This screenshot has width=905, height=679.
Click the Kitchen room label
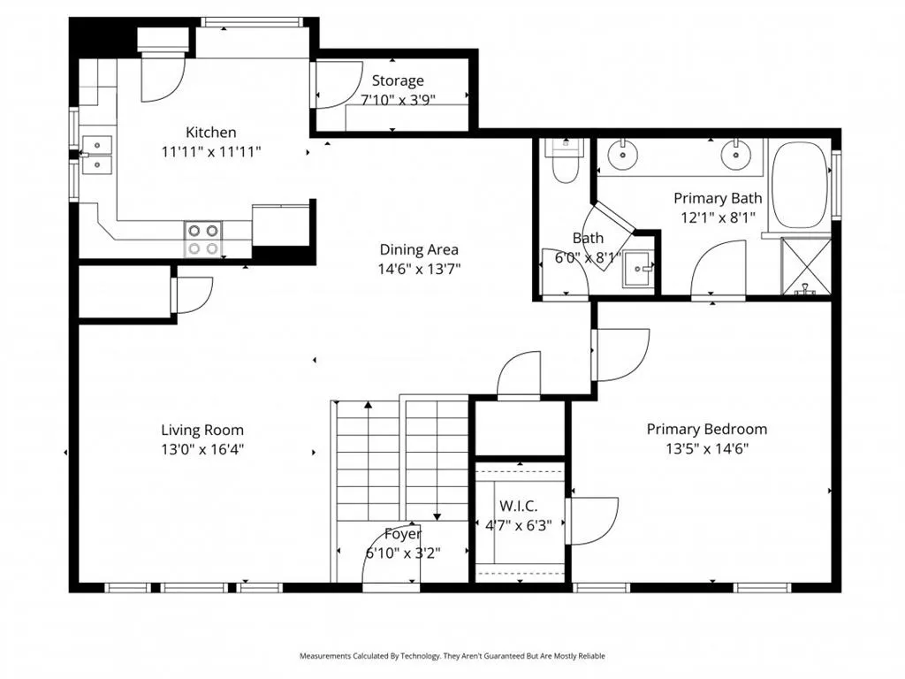(210, 133)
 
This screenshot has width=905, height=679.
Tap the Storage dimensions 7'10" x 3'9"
(398, 100)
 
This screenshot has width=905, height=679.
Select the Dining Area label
(419, 249)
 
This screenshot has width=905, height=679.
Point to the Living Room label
(202, 431)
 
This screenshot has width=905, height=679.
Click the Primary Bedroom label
(707, 430)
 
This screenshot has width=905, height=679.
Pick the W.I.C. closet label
(518, 507)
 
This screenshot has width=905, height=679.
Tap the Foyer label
(403, 534)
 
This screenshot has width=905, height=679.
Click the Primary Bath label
(718, 199)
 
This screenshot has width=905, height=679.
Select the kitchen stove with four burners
(203, 239)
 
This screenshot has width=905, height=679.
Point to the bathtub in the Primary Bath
(799, 185)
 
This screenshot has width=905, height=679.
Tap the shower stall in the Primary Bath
(806, 266)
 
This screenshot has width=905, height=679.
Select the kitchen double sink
(97, 154)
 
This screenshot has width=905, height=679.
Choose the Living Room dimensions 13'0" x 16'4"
(202, 449)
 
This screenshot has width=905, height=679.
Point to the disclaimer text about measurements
(452, 656)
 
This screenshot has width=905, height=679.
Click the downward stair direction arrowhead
(437, 516)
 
